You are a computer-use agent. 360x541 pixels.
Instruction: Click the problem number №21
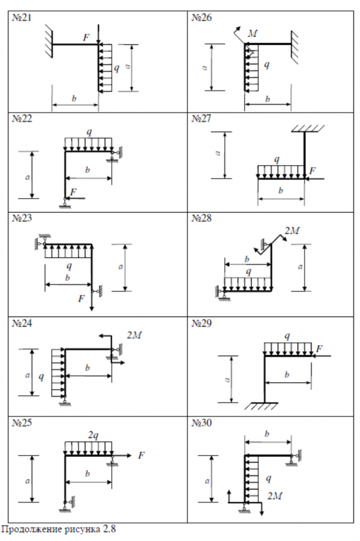point(22,18)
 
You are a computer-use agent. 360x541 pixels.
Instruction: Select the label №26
point(202,18)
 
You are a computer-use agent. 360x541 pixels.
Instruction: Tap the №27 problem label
point(202,119)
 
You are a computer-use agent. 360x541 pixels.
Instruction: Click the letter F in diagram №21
point(86,37)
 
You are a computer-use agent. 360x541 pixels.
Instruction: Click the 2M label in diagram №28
point(291,231)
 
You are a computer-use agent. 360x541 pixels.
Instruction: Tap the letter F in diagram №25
point(142,456)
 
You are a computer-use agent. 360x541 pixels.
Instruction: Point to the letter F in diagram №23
point(82,298)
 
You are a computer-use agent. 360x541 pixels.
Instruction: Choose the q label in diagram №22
point(89,132)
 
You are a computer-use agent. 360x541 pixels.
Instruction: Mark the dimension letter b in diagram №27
point(281,190)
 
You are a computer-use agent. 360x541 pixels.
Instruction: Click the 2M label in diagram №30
point(275,494)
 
